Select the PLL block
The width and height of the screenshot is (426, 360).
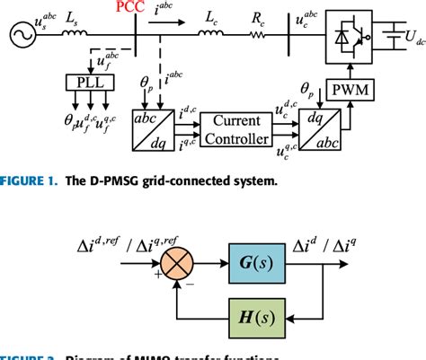point(90,83)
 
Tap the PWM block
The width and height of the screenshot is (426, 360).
point(344,90)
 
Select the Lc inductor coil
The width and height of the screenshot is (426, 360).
point(213,35)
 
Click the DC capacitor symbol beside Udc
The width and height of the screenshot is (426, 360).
point(391,36)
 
